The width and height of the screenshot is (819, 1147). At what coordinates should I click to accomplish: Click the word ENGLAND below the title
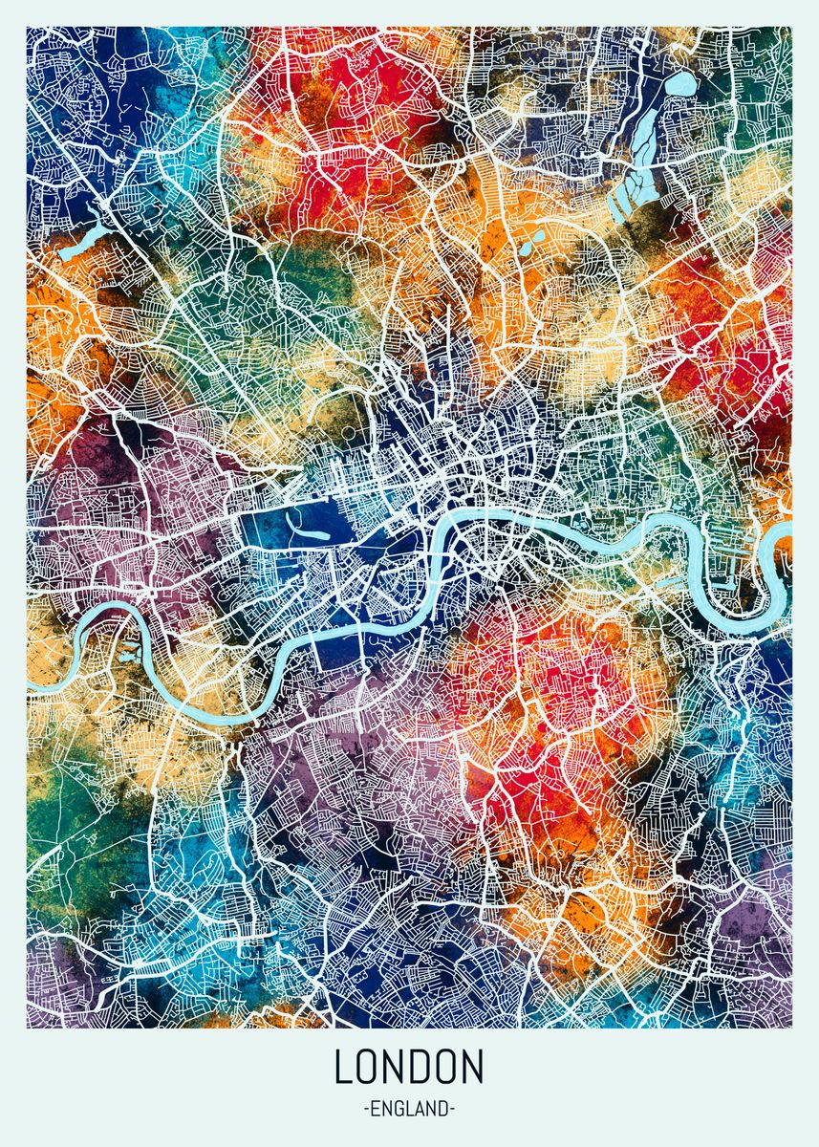pos(409,1109)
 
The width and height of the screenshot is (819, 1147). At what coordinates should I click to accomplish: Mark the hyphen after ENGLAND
pos(452,1110)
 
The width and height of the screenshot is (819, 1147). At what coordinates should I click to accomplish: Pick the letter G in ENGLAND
pos(397,1109)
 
